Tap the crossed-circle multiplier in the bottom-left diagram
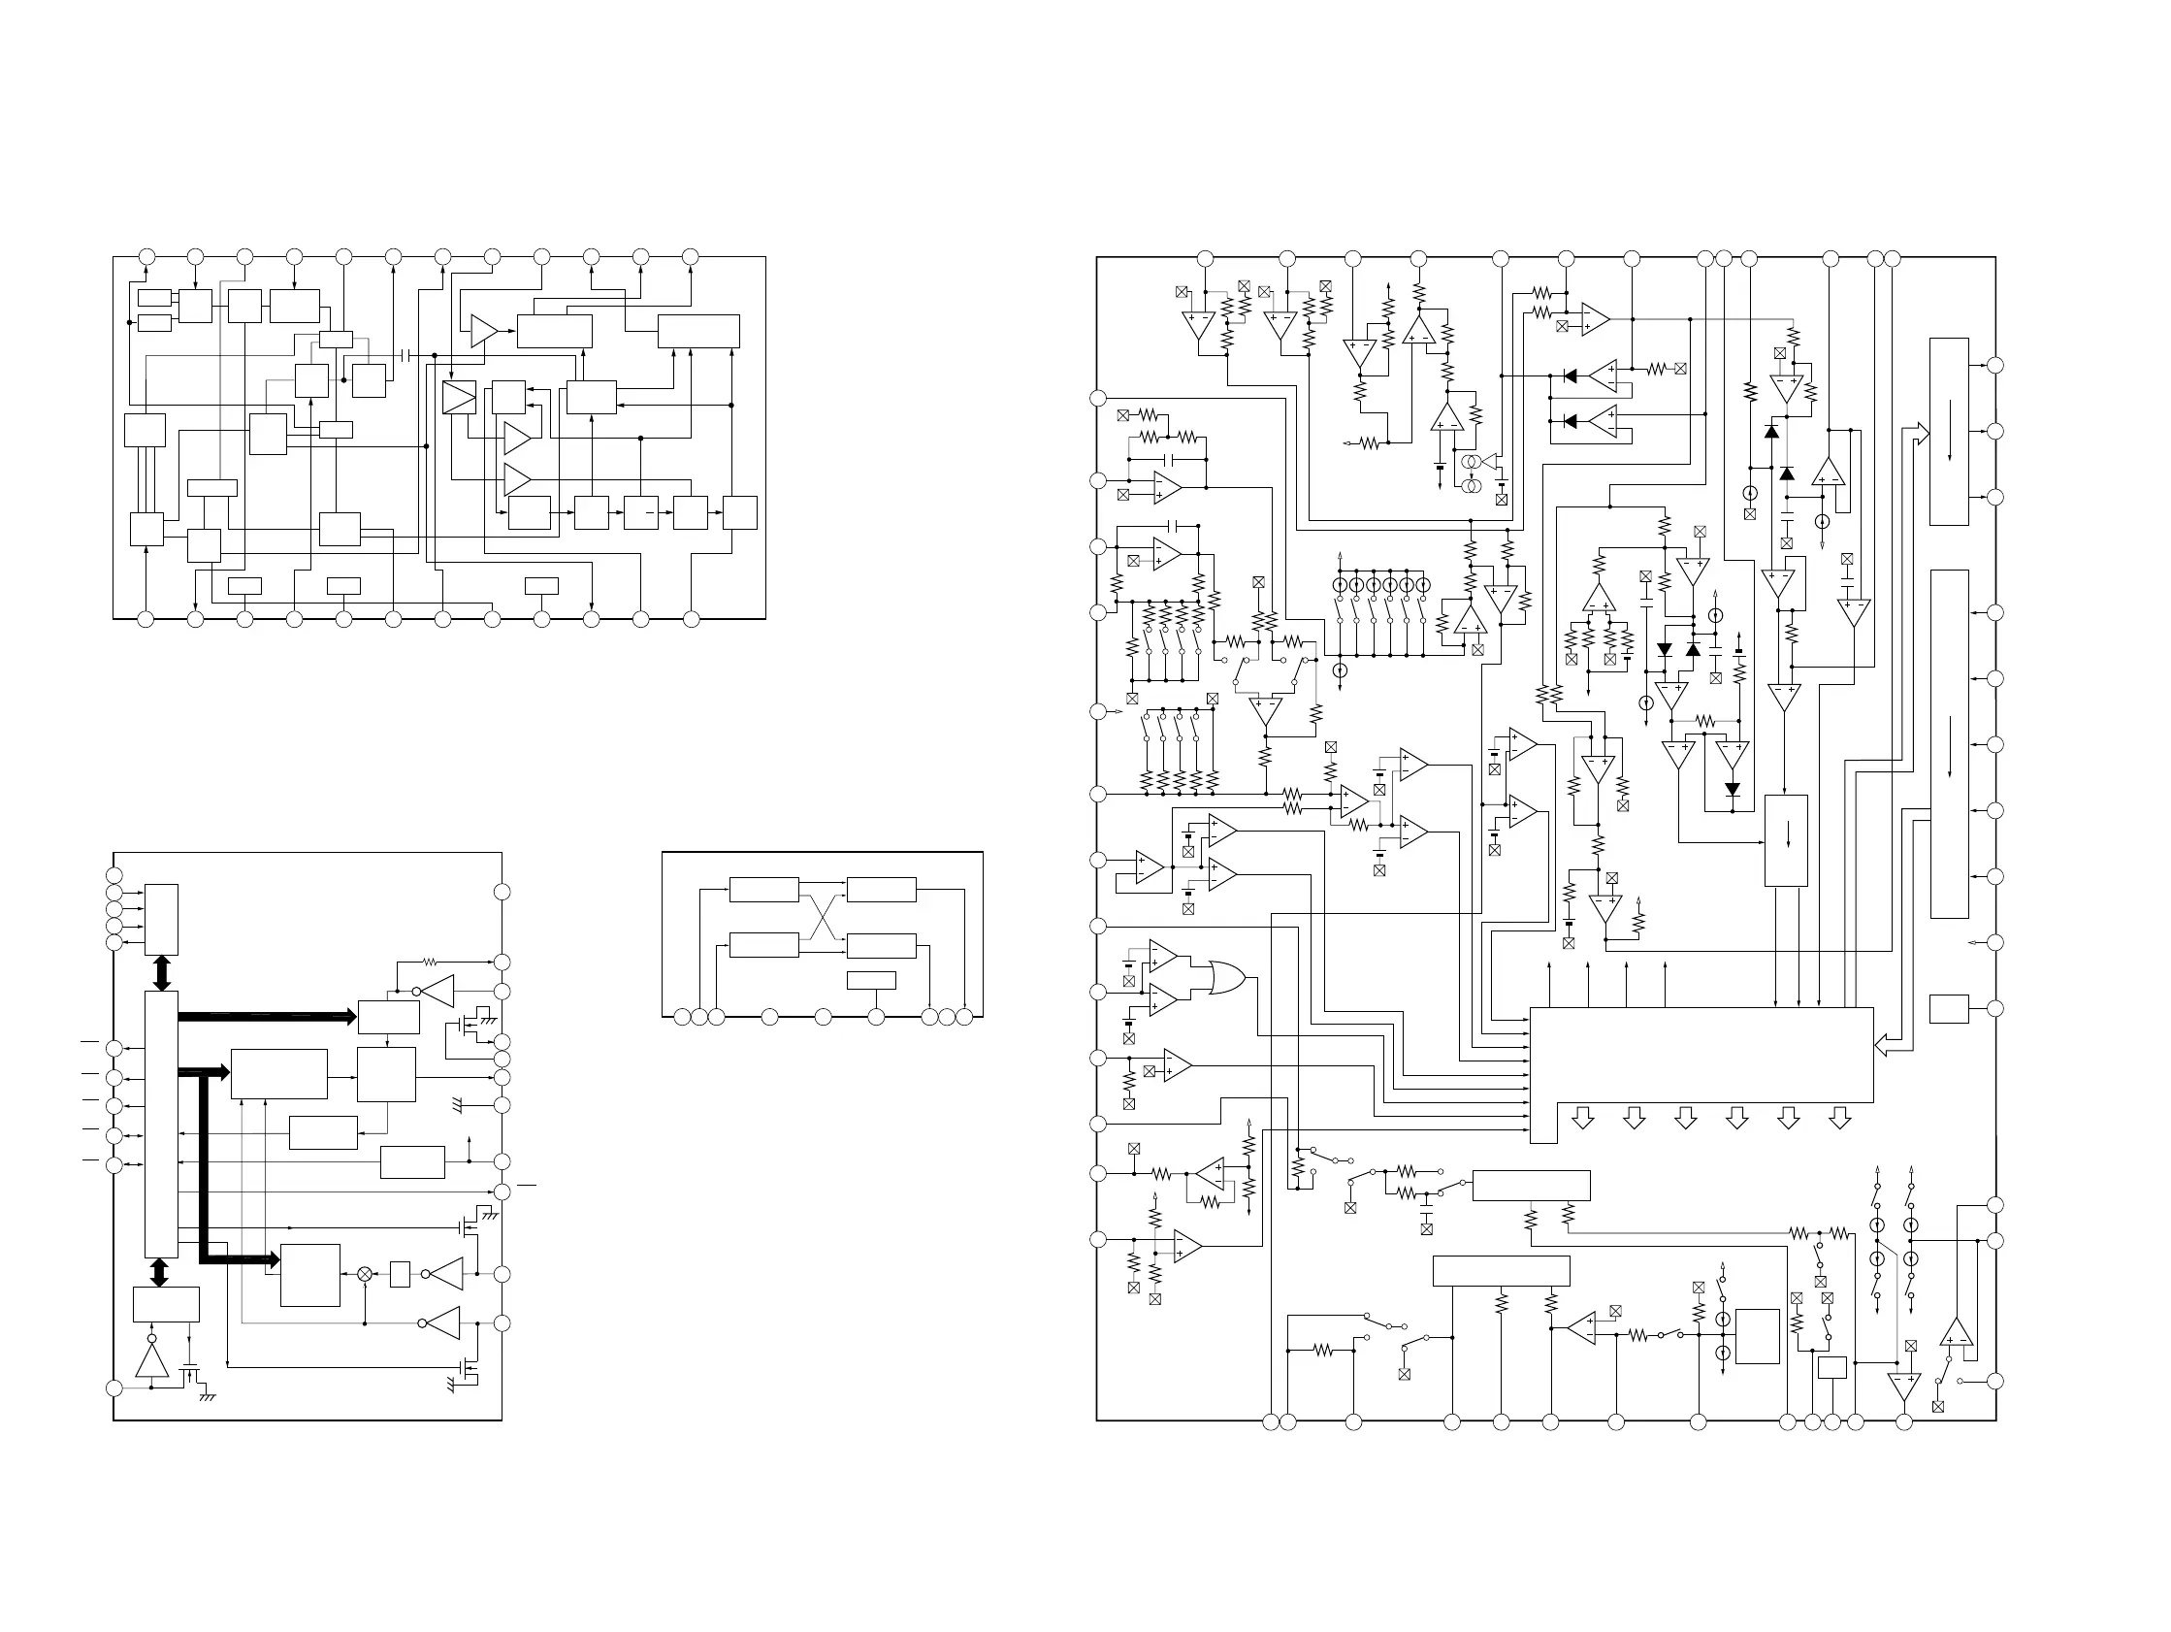pyautogui.click(x=365, y=1274)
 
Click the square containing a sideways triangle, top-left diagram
pyautogui.click(x=458, y=398)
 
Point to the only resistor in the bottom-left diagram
pyautogui.click(x=429, y=963)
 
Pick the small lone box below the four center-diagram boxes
pyautogui.click(x=870, y=980)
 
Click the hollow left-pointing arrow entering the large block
pyautogui.click(x=1887, y=1046)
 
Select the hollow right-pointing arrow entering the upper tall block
pyautogui.click(x=1916, y=433)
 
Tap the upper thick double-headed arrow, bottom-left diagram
pyautogui.click(x=162, y=972)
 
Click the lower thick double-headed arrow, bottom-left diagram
pyautogui.click(x=159, y=1273)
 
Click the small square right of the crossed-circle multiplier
pyautogui.click(x=400, y=1274)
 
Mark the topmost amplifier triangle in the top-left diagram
pyautogui.click(x=484, y=331)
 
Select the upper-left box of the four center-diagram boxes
pyautogui.click(x=763, y=890)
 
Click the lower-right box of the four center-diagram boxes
pyautogui.click(x=881, y=946)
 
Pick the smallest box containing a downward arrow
pyautogui.click(x=1785, y=840)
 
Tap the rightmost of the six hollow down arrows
pyautogui.click(x=1839, y=1118)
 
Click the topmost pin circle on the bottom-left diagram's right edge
pyautogui.click(x=502, y=892)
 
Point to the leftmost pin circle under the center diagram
pyautogui.click(x=681, y=1017)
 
